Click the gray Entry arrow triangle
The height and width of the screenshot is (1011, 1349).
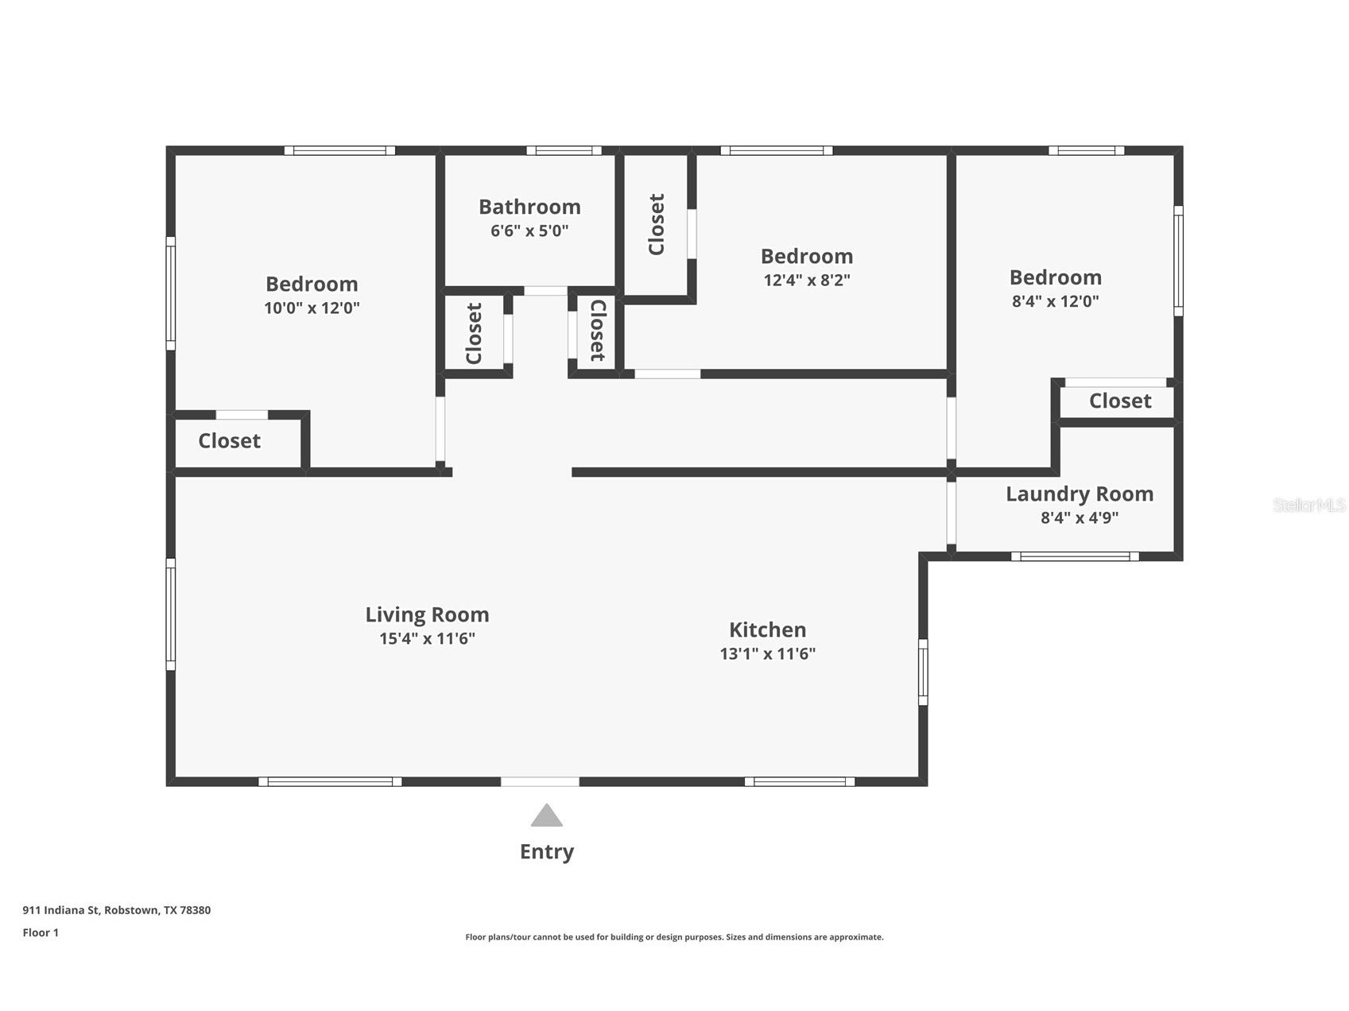pos(547,816)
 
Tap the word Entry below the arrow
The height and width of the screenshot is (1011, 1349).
pos(547,852)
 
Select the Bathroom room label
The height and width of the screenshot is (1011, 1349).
pos(529,207)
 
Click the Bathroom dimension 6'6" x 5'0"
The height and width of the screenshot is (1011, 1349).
pos(529,231)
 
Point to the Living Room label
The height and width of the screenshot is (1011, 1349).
pos(427,615)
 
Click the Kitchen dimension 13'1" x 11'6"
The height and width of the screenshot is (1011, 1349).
pos(768,654)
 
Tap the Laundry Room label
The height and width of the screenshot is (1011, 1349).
pos(1080,494)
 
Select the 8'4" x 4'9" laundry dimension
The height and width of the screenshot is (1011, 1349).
pos(1080,518)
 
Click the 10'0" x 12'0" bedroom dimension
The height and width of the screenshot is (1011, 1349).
pos(312,308)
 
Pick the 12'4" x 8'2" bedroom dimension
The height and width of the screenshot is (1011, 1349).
pos(807,281)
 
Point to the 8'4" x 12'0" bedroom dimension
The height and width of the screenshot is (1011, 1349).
pos(1056,302)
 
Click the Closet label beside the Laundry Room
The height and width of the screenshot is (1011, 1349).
pos(1120,401)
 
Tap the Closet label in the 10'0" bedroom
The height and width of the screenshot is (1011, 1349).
pos(229,441)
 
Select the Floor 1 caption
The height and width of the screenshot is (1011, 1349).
pos(41,933)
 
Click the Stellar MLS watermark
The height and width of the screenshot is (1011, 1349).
pos(1309,505)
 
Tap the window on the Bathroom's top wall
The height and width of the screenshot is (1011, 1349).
pos(564,150)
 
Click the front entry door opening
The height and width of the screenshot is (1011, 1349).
pos(540,782)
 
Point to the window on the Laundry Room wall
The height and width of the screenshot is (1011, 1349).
pos(1075,556)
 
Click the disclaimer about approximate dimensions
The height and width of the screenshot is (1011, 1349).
pos(674,937)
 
